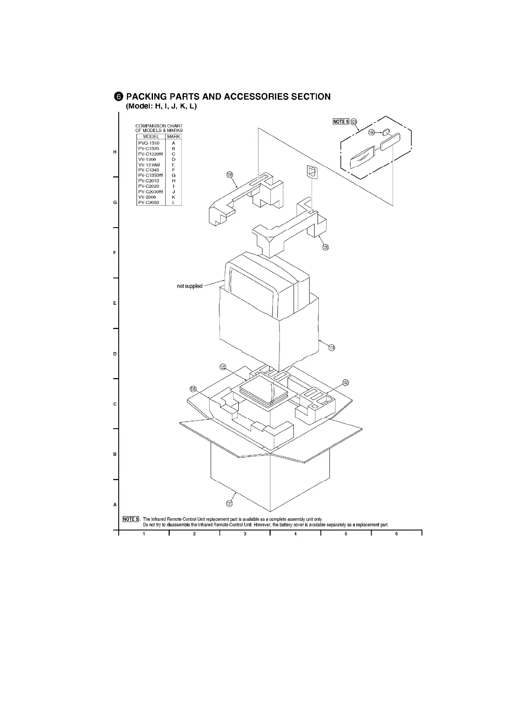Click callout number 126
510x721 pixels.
point(230,174)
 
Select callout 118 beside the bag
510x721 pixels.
point(331,347)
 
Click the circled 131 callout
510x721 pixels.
point(193,389)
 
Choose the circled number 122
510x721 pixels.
point(223,367)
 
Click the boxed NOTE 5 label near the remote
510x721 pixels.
point(341,121)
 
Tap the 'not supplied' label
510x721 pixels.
point(190,286)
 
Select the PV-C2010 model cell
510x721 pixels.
point(149,181)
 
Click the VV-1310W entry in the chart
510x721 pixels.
point(149,165)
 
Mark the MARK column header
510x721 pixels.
point(174,136)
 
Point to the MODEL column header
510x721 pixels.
point(151,136)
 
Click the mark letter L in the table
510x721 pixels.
point(174,202)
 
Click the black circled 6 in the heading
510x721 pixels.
point(119,96)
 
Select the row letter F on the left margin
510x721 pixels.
point(115,253)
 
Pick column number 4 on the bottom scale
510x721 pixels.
point(296,534)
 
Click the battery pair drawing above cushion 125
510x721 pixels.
point(312,172)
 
